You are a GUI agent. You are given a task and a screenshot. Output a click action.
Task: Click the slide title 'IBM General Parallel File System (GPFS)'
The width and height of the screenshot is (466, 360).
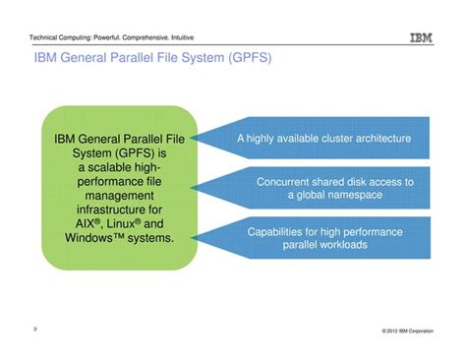pos(152,62)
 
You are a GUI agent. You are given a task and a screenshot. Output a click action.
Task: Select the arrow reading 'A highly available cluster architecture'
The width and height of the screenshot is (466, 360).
pos(323,139)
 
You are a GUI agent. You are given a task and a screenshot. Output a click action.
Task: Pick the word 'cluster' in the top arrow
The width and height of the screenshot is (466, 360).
pos(328,139)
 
